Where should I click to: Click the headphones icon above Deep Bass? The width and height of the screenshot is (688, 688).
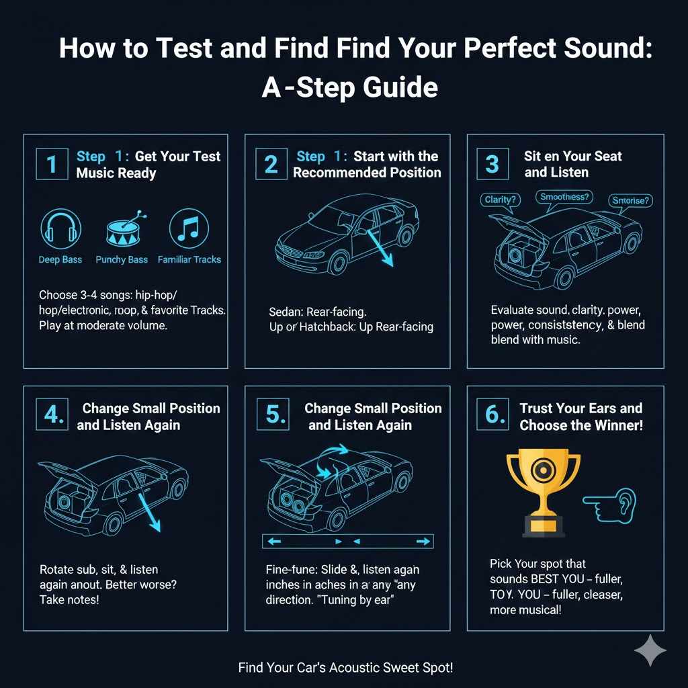[x=61, y=228]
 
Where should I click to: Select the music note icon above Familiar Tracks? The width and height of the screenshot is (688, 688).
[x=189, y=228]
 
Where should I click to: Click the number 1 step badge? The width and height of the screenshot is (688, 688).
[x=51, y=164]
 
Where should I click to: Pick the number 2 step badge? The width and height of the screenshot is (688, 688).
[x=271, y=164]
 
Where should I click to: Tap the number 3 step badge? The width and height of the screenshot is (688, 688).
[x=492, y=164]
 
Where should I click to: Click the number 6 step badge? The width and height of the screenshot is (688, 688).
[x=494, y=416]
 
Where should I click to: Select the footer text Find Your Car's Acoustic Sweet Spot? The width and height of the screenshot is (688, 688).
[x=345, y=668]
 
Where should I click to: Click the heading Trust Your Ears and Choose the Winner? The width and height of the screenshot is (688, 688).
[x=580, y=417]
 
